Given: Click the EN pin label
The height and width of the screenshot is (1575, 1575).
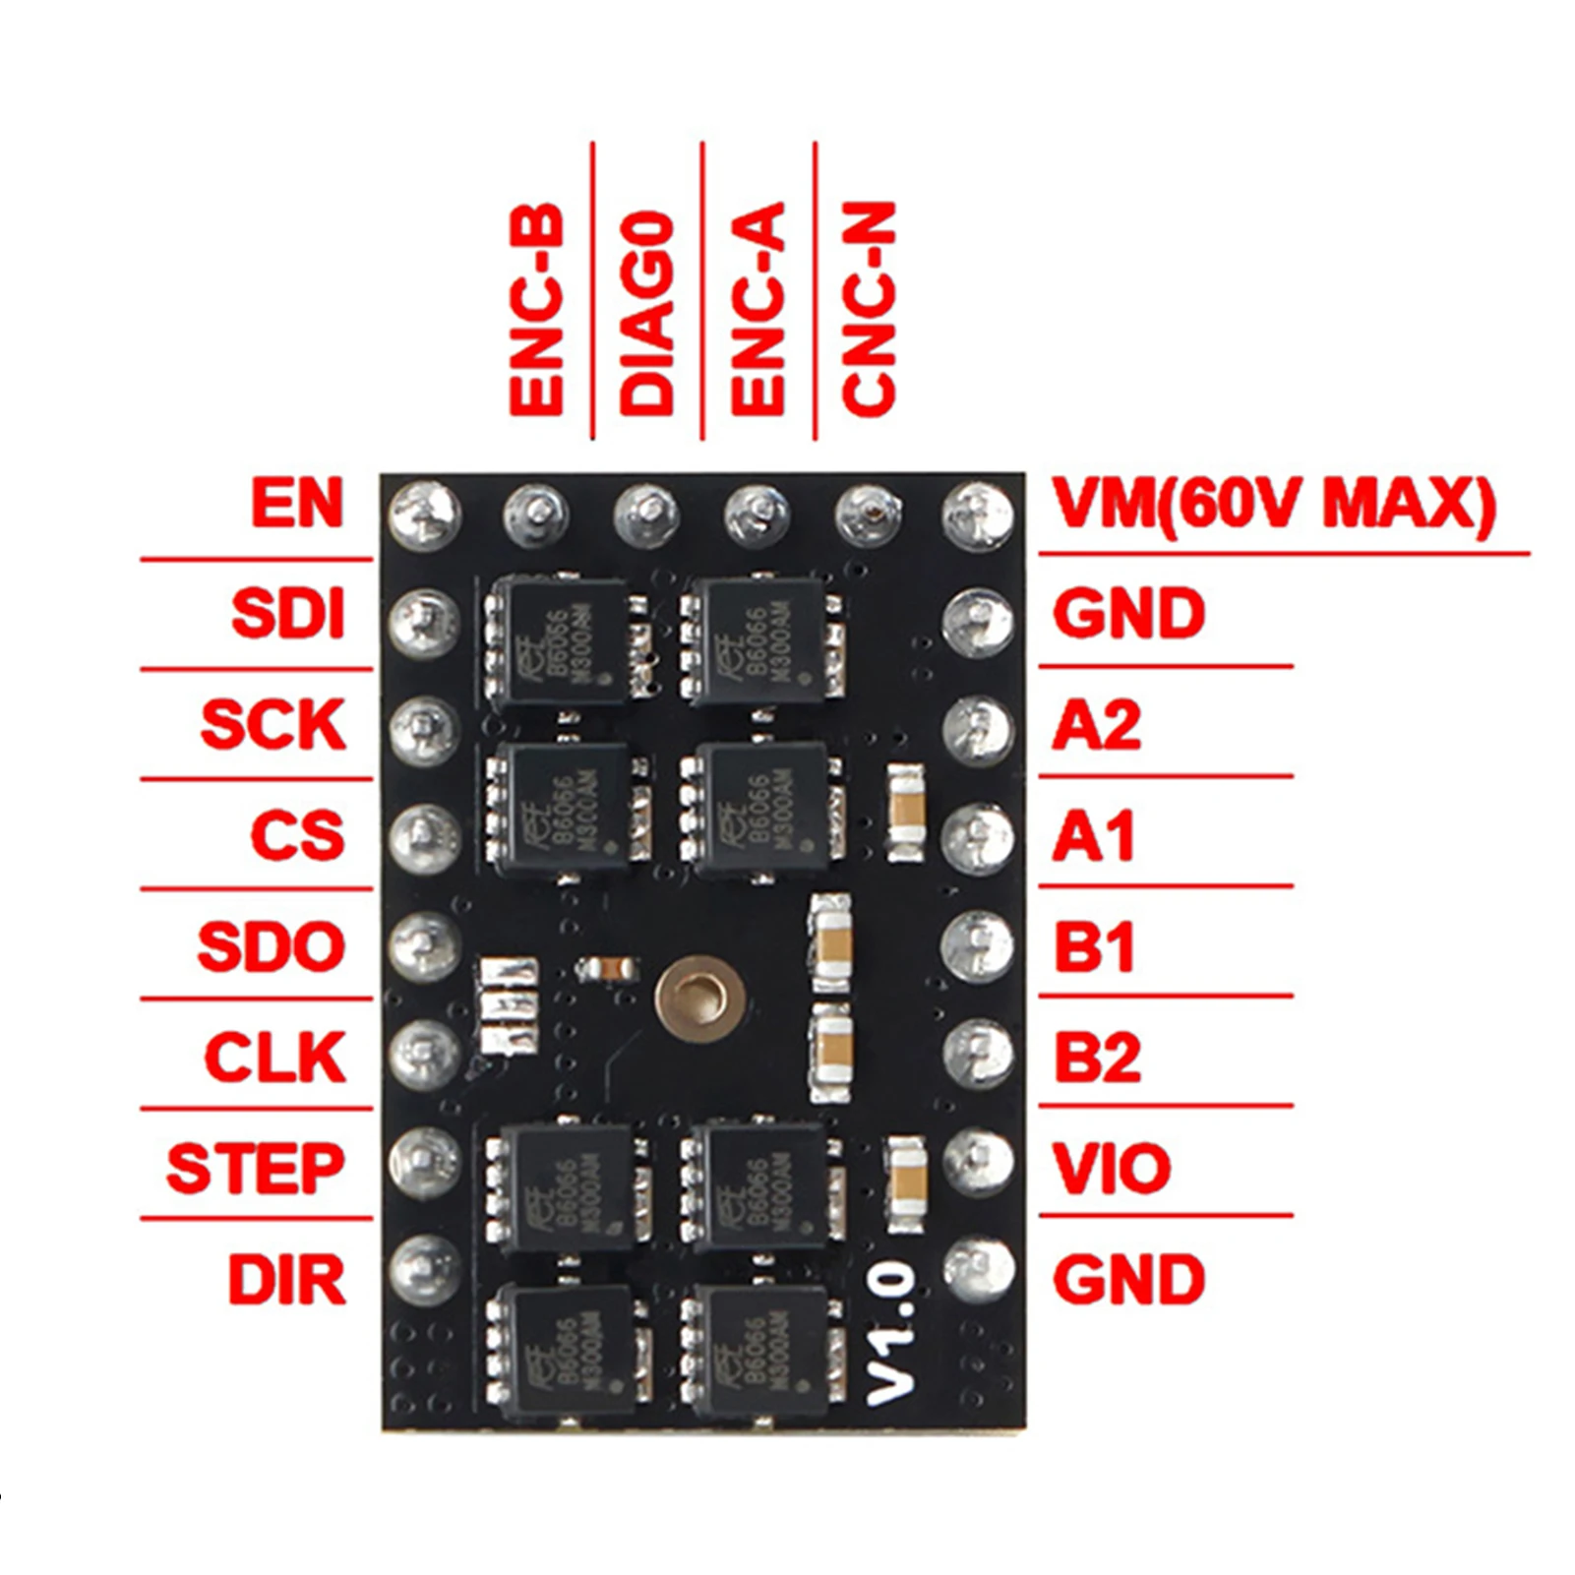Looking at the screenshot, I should point(296,503).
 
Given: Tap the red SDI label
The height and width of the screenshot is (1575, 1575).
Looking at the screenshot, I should point(287,614).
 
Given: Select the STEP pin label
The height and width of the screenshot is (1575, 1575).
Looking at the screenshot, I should point(255,1168).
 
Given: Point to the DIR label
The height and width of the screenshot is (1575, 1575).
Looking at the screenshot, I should point(286,1280).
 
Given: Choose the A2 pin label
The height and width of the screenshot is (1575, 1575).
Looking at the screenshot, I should point(1096,725).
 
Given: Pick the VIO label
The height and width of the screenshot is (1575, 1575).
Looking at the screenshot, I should point(1112,1168).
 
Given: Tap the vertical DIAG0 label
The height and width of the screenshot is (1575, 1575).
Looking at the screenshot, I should point(647,312).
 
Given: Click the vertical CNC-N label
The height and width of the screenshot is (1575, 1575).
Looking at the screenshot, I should point(869,307).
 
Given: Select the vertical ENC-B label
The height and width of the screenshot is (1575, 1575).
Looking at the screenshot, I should point(536,307).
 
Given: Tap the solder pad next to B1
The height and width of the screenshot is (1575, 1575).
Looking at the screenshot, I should point(977,945).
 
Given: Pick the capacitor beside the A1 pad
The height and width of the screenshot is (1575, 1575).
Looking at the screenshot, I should point(906,814).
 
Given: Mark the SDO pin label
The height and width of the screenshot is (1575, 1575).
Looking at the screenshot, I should point(271,945).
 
